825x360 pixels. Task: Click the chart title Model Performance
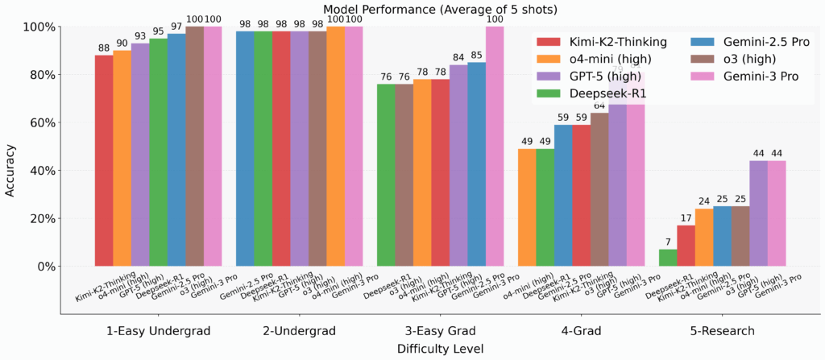tap(412, 8)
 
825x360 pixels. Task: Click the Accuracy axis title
tap(10, 147)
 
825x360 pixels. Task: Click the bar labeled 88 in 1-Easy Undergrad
tap(104, 161)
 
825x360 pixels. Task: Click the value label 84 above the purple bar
tap(458, 56)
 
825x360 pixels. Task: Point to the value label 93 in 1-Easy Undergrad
tap(140, 35)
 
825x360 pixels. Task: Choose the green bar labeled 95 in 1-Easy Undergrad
tap(158, 153)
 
